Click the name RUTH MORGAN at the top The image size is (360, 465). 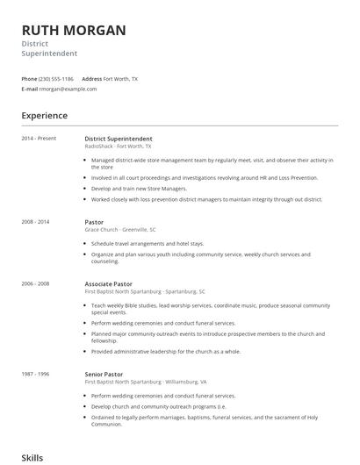[x=74, y=31]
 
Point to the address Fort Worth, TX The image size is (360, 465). [x=120, y=79]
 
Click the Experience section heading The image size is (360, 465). [x=45, y=116]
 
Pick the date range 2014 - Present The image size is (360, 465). [x=39, y=139]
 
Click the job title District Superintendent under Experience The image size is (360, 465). [x=118, y=139]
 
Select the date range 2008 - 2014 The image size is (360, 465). [x=36, y=222]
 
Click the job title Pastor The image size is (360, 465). [x=94, y=222]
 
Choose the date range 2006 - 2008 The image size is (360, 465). [x=36, y=284]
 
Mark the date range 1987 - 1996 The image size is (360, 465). [x=36, y=375]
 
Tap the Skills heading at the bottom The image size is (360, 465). [x=32, y=457]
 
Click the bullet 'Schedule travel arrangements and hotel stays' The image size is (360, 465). [x=148, y=243]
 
